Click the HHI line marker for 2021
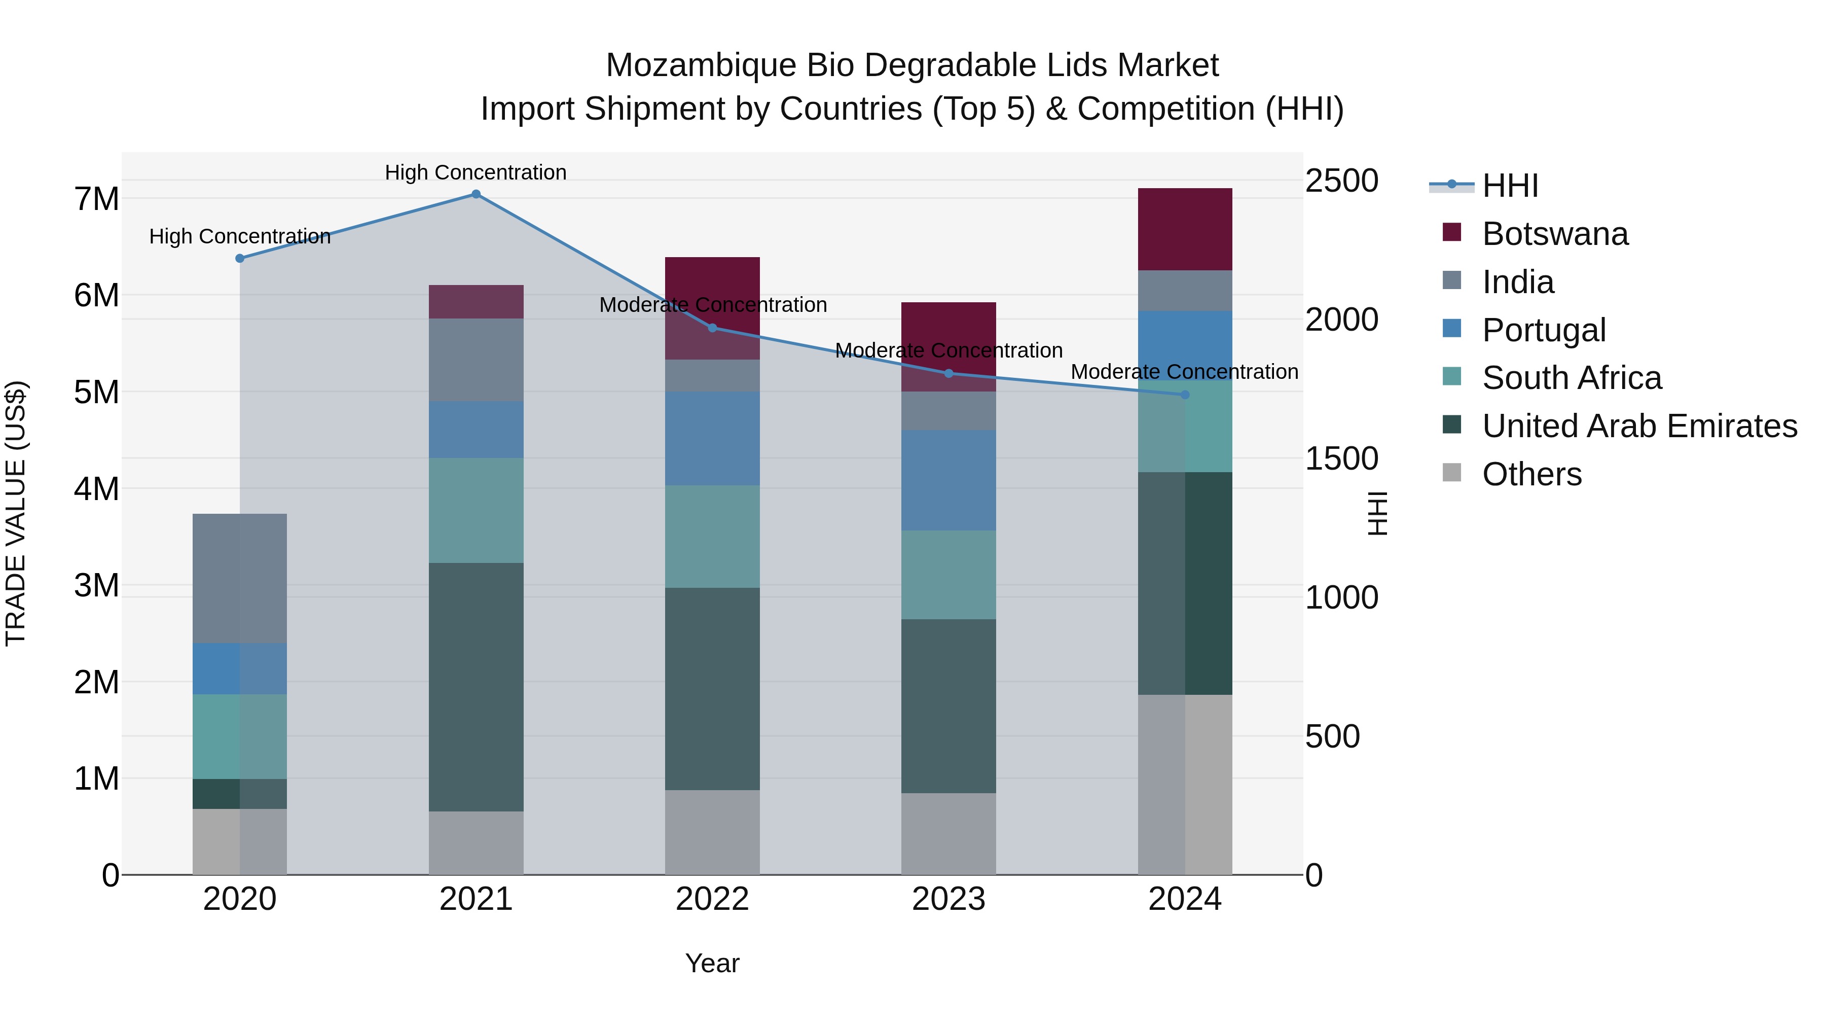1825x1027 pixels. tap(476, 194)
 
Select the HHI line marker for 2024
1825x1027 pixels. tap(1185, 395)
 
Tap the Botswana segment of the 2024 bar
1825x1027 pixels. tap(1185, 229)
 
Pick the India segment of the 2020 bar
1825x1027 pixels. tap(239, 578)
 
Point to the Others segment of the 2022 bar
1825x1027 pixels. tap(712, 832)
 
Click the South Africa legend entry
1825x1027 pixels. tap(1572, 378)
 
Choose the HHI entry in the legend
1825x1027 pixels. tap(1510, 186)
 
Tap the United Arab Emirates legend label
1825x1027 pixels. tap(1639, 426)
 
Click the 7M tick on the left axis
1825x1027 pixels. tap(96, 199)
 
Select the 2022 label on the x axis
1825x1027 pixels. tap(712, 899)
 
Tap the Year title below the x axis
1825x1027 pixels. tap(712, 963)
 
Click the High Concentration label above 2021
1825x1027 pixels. tap(476, 172)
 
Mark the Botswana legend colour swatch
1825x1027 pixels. tap(1452, 232)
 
